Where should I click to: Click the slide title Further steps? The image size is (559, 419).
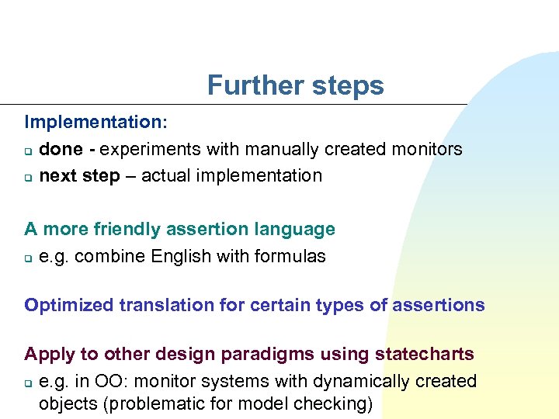point(295,85)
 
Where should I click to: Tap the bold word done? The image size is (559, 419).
point(61,149)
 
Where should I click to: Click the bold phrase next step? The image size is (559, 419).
point(79,175)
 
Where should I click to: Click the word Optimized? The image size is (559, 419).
point(68,305)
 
